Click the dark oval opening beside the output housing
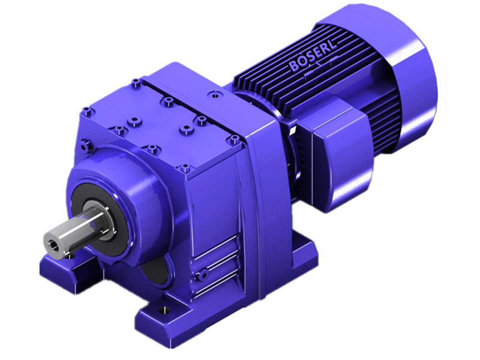point(155,273)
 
